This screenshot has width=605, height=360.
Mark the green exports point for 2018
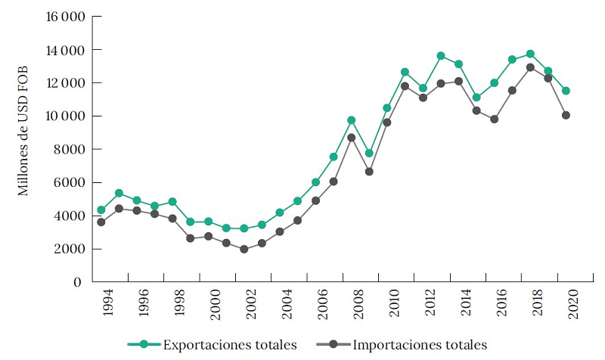530,54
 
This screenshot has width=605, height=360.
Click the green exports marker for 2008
352,120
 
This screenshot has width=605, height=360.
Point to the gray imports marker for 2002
244,249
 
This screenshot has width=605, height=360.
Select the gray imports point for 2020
566,115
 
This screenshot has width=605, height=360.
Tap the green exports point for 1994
101,209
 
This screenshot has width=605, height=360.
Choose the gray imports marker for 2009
369,172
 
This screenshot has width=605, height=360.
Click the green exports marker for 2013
441,56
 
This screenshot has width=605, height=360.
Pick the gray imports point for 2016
495,119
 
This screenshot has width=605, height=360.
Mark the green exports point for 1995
119,193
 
